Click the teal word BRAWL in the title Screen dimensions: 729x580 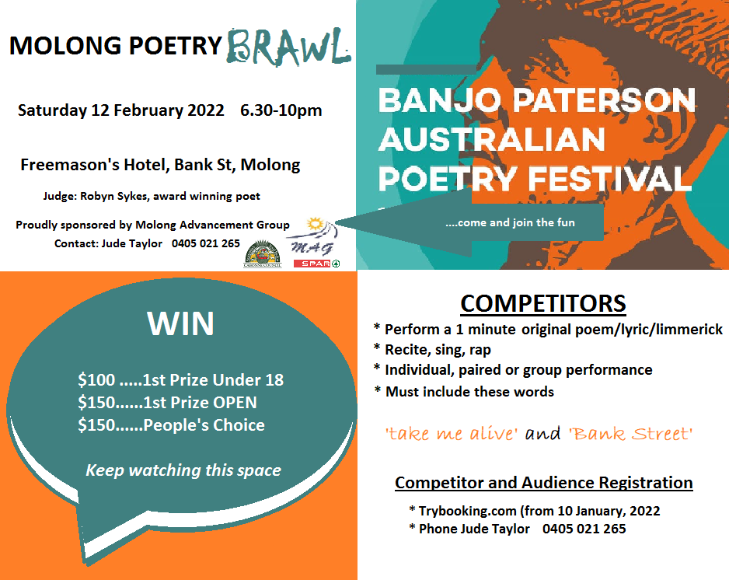click(288, 47)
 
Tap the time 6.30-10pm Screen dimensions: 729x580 click(281, 110)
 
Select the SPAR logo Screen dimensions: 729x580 click(316, 264)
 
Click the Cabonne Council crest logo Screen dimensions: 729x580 click(263, 254)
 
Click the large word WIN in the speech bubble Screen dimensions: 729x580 click(181, 323)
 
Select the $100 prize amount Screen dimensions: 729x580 click(96, 380)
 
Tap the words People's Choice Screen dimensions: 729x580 click(204, 425)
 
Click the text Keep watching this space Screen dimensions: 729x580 click(183, 470)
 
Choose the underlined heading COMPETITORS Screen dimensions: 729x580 click(543, 304)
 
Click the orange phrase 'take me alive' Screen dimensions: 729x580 click(451, 434)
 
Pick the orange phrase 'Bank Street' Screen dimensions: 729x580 click(630, 434)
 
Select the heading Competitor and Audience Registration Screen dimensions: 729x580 click(544, 483)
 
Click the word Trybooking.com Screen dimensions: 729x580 click(467, 511)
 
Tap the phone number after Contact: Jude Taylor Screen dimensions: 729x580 click(205, 243)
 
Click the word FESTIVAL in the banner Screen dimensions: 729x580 click(609, 179)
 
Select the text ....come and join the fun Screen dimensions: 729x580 click(510, 223)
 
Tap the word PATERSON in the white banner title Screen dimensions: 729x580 click(604, 100)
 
